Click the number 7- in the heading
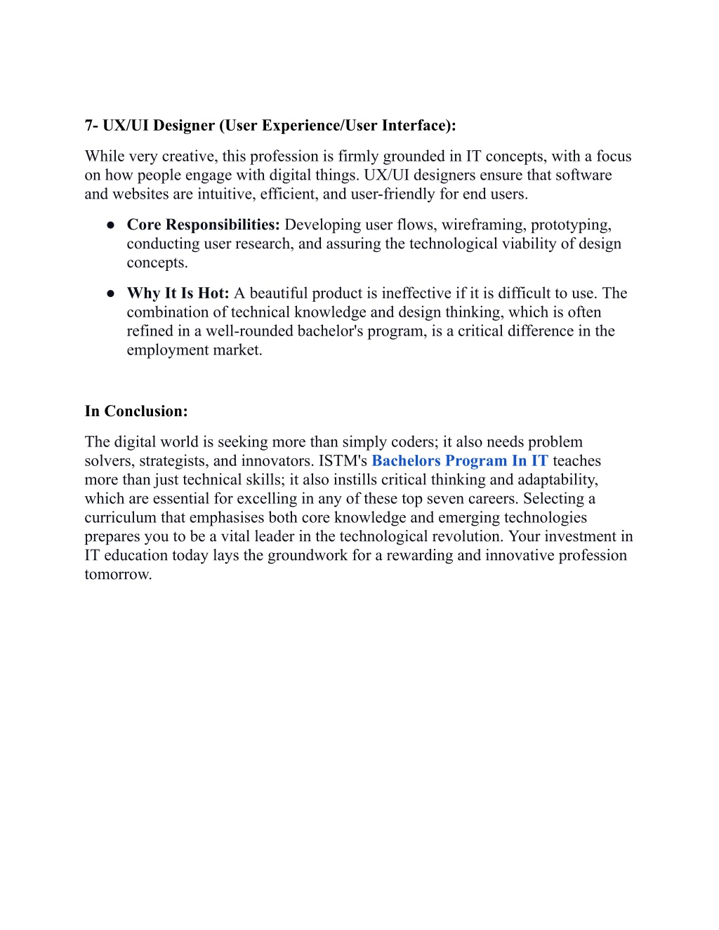91,126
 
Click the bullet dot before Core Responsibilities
111,225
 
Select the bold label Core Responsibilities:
204,225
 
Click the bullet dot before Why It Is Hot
111,293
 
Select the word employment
165,350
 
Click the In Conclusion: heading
136,411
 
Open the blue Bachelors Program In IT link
460,461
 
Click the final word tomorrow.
118,575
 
